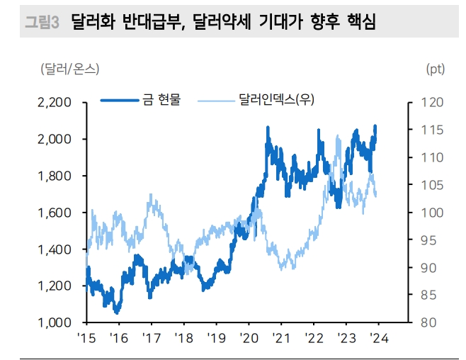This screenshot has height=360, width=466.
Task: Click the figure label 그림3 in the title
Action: tap(41, 23)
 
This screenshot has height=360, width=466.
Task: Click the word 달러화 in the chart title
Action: tap(93, 23)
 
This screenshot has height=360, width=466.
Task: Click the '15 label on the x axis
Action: tap(86, 338)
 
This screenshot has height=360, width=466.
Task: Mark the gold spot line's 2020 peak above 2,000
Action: tap(268, 128)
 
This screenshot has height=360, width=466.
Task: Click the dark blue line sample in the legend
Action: tap(118, 100)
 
